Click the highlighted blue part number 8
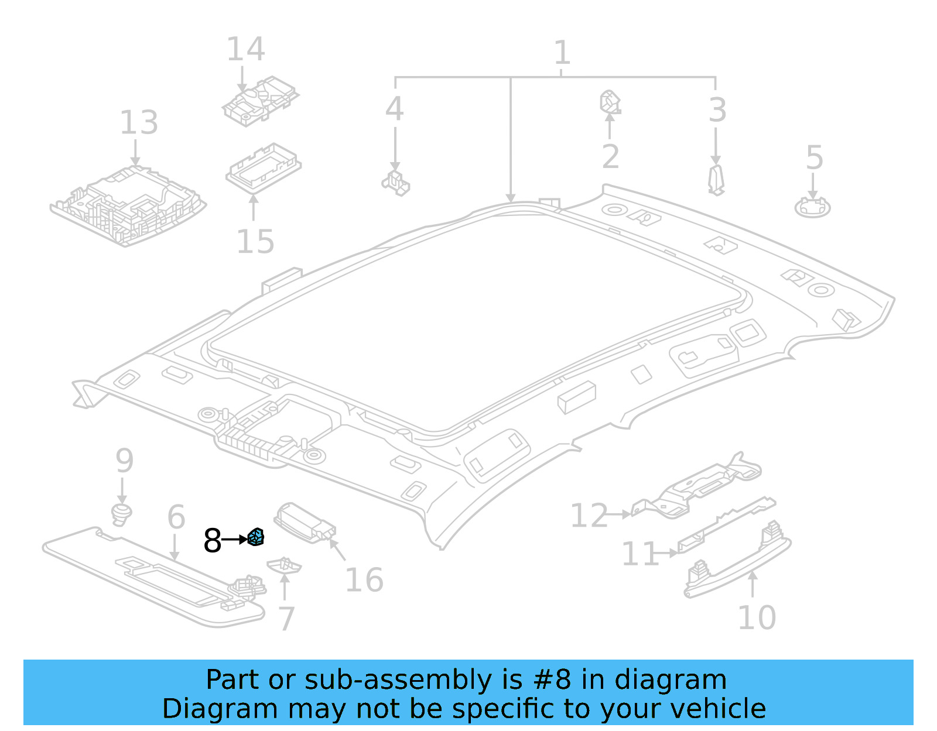[256, 537]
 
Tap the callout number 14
[245, 49]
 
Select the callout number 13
[139, 123]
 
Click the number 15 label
[255, 241]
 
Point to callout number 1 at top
[562, 53]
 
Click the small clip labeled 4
[396, 182]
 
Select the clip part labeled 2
[610, 103]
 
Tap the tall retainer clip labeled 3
[716, 180]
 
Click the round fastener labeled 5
[812, 207]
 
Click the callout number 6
[176, 517]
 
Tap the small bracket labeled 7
[284, 565]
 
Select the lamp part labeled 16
[305, 523]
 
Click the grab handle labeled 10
[738, 562]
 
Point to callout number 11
[640, 554]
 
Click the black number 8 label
[212, 540]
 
